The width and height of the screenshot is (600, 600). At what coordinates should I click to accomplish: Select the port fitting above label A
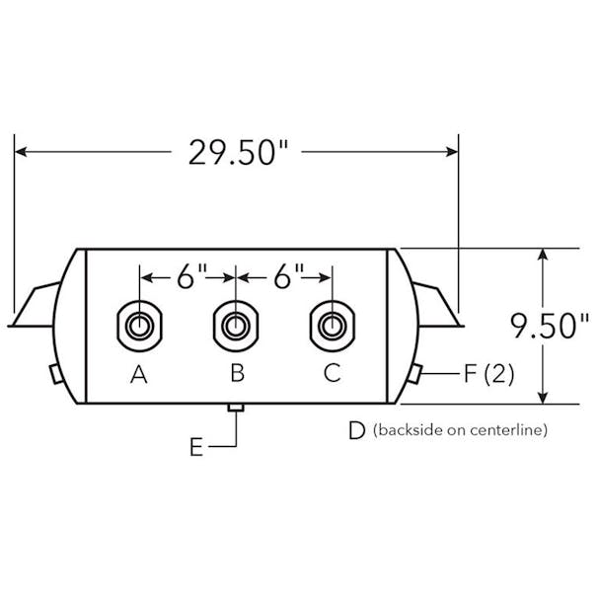coord(139,325)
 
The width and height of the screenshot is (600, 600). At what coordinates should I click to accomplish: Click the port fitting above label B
coord(235,325)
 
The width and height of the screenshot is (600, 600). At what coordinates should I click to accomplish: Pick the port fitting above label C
coord(332,325)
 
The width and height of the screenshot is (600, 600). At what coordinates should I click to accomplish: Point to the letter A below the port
coord(139,374)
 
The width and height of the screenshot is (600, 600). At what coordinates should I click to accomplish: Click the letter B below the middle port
coord(237,374)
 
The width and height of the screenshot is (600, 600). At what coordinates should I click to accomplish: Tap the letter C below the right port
coord(333,374)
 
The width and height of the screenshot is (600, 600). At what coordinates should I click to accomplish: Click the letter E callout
coord(197,447)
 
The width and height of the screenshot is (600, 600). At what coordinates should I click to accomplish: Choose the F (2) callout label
coord(488,374)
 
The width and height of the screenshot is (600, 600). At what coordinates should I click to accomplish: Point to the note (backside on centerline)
coord(460,430)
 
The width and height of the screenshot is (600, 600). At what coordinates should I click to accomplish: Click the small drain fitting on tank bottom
coord(235,409)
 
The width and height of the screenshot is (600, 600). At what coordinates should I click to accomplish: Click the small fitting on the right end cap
coord(418,375)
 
